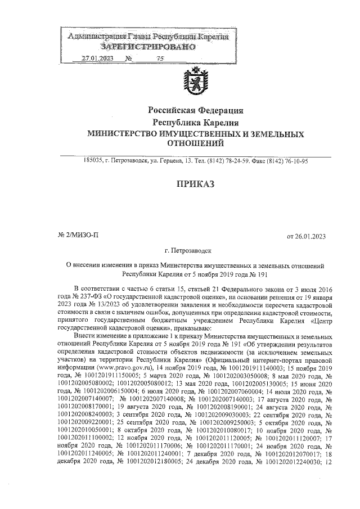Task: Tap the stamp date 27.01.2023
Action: (97, 58)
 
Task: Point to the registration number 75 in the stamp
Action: (160, 58)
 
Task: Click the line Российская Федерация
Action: (195, 110)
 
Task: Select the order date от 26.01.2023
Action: (307, 236)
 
